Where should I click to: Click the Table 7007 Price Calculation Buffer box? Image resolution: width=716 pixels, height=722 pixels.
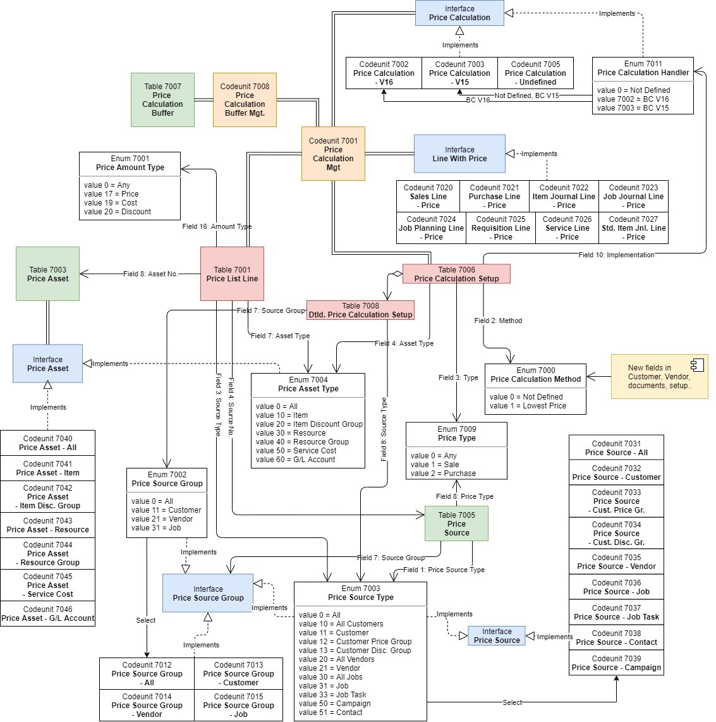pyautogui.click(x=162, y=100)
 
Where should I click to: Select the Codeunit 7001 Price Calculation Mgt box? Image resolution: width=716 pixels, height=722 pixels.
pyautogui.click(x=333, y=154)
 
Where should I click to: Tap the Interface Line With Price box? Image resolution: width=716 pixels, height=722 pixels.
pyautogui.click(x=459, y=154)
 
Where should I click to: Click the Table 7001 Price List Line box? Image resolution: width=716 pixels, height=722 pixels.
pyautogui.click(x=232, y=274)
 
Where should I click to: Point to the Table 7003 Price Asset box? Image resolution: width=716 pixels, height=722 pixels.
pyautogui.click(x=47, y=274)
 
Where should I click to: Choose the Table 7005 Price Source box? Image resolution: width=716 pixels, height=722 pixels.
pyautogui.click(x=456, y=523)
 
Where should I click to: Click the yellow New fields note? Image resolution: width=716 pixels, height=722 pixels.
pyautogui.click(x=659, y=376)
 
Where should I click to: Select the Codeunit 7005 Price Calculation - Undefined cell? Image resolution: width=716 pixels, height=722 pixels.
pyautogui.click(x=535, y=73)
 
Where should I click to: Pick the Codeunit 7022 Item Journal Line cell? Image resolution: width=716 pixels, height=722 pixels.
pyautogui.click(x=564, y=196)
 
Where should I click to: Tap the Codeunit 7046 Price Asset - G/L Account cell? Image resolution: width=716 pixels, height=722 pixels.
pyautogui.click(x=47, y=614)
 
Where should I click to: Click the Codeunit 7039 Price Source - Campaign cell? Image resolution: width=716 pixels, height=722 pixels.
pyautogui.click(x=616, y=663)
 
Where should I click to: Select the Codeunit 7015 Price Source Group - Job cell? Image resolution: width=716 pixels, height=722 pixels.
pyautogui.click(x=238, y=705)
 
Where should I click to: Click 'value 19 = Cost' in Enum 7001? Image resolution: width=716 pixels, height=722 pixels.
pyautogui.click(x=111, y=203)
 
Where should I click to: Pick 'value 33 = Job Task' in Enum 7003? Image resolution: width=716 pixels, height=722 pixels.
pyautogui.click(x=332, y=695)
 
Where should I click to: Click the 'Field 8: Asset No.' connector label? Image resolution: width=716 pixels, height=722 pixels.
pyautogui.click(x=150, y=274)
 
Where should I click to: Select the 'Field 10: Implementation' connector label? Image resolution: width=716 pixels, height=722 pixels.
pyautogui.click(x=616, y=255)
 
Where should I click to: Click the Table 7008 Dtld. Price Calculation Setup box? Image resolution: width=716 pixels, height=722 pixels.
pyautogui.click(x=360, y=310)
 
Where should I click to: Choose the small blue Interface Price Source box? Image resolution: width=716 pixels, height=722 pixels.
pyautogui.click(x=497, y=635)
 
